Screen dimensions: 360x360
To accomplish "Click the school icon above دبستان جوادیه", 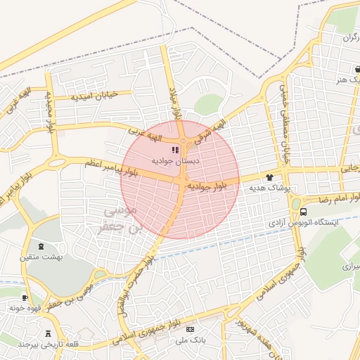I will click(175, 150).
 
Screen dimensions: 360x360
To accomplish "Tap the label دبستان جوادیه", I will click(172, 161).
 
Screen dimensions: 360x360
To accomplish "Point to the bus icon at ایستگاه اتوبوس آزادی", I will click(303, 211).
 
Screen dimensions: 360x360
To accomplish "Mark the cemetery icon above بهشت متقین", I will click(40, 247).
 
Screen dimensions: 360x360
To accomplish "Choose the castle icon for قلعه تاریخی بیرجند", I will click(48, 333).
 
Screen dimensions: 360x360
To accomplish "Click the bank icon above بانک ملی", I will click(189, 329).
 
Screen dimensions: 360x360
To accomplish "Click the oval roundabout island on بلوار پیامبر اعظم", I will click(56, 163).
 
